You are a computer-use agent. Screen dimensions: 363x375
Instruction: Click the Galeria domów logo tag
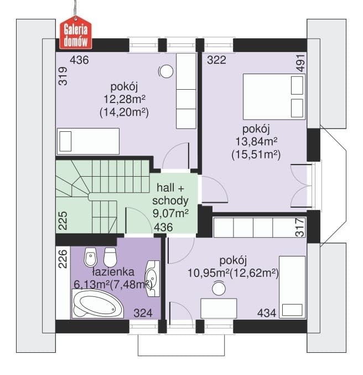click(x=75, y=33)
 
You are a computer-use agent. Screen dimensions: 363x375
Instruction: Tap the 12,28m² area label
click(x=125, y=99)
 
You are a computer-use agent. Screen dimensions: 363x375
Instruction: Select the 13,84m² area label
click(x=256, y=142)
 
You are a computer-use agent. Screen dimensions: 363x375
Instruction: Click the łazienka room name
click(x=113, y=272)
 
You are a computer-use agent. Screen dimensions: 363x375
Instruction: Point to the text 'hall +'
click(x=170, y=188)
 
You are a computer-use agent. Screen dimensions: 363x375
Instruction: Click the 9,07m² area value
click(x=170, y=213)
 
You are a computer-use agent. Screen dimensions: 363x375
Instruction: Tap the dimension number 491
click(x=300, y=63)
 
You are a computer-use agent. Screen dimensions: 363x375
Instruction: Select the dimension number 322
click(x=216, y=60)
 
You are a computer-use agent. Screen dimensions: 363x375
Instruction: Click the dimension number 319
click(x=63, y=76)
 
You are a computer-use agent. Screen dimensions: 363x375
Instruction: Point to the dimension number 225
click(x=63, y=221)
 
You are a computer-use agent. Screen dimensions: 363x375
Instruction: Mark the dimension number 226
click(x=63, y=259)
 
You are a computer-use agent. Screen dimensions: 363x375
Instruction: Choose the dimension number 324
click(x=143, y=313)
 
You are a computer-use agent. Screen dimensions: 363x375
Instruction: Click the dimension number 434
click(x=267, y=313)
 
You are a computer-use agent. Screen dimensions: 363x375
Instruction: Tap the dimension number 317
click(x=300, y=228)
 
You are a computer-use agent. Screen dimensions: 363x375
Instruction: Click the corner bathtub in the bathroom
click(x=97, y=304)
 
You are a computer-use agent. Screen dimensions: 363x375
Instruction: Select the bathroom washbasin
click(x=153, y=279)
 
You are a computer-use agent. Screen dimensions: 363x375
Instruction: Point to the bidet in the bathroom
click(x=91, y=258)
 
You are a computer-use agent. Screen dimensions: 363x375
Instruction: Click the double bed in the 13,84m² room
click(x=274, y=96)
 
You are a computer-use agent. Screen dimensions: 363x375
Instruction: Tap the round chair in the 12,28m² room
click(x=167, y=71)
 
